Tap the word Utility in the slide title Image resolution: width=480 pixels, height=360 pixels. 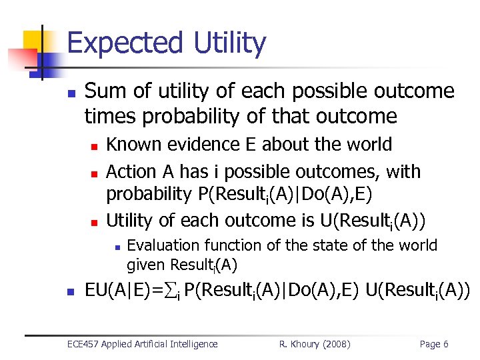click(229, 44)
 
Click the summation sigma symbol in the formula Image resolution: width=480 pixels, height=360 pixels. click(171, 291)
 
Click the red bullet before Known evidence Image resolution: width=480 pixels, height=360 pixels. click(95, 146)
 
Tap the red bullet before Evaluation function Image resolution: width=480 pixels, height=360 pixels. click(117, 247)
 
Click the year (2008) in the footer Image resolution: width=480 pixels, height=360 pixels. click(337, 344)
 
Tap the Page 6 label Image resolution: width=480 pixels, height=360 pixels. click(433, 344)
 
